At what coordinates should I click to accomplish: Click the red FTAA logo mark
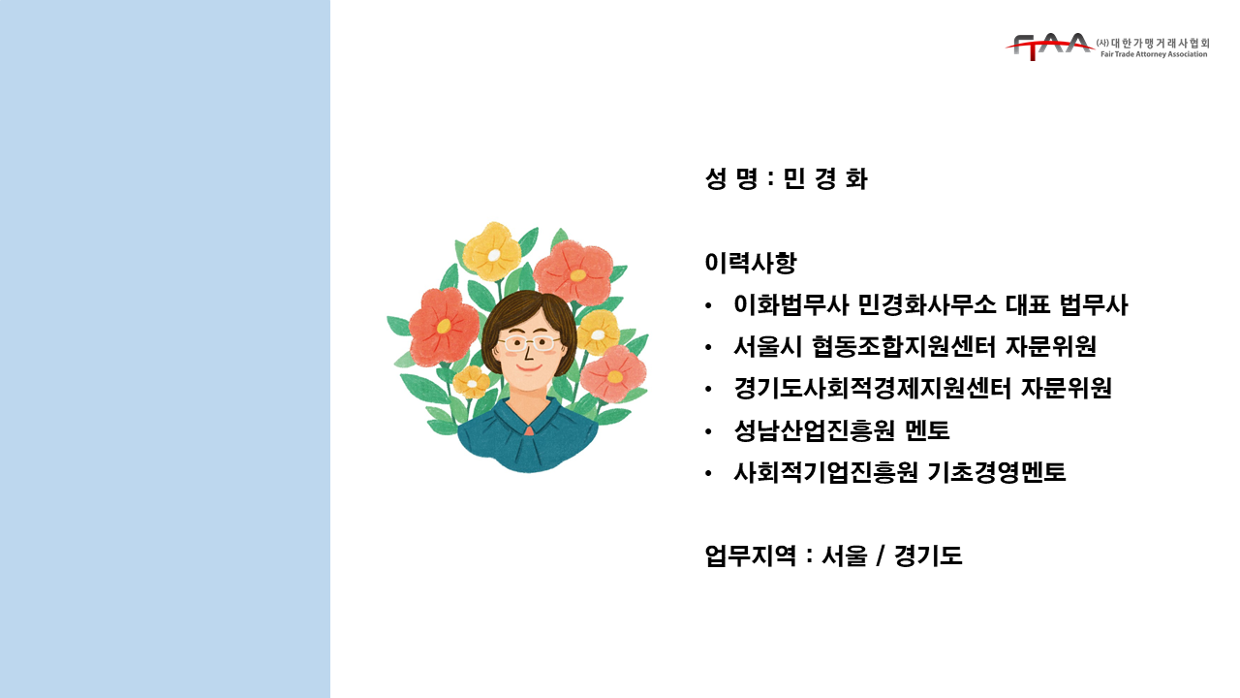tap(1049, 47)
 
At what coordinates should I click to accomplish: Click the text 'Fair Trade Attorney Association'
tap(1154, 54)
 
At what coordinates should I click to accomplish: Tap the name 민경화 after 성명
tap(825, 179)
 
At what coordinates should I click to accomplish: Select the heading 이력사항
tap(751, 263)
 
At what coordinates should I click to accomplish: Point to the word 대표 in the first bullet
tap(1028, 304)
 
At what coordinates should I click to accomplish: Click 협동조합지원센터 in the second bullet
tap(904, 347)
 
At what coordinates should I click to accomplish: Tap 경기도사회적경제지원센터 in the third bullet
tap(873, 389)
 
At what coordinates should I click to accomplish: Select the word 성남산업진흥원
tap(814, 430)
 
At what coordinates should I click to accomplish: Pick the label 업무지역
tap(750, 555)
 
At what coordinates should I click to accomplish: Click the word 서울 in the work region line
tap(844, 555)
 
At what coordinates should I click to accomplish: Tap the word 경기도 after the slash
tap(928, 555)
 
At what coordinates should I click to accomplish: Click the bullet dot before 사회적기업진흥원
tap(708, 474)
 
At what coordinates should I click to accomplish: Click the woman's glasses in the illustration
tap(528, 343)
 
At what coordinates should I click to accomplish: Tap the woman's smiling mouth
tap(528, 367)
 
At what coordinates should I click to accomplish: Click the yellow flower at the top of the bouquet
tap(492, 252)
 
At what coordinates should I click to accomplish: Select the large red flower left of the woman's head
tap(444, 326)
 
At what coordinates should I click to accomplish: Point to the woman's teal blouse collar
tap(529, 418)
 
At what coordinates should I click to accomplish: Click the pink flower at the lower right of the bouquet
tap(613, 374)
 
